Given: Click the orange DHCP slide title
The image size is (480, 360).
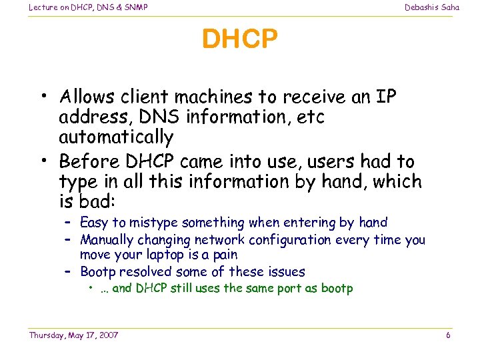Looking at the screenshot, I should coord(239,39).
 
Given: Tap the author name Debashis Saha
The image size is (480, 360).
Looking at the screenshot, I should coord(432,7).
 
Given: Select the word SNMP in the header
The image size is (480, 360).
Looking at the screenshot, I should coord(135,7).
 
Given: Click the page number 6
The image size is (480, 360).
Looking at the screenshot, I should coord(448,335).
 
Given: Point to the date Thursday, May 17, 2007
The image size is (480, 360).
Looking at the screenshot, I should coord(73,335).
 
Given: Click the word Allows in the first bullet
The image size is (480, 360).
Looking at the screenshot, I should coord(84,97).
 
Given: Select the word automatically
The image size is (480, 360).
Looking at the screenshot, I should coord(116,137).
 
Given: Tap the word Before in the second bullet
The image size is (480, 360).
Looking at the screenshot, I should coord(84,161).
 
